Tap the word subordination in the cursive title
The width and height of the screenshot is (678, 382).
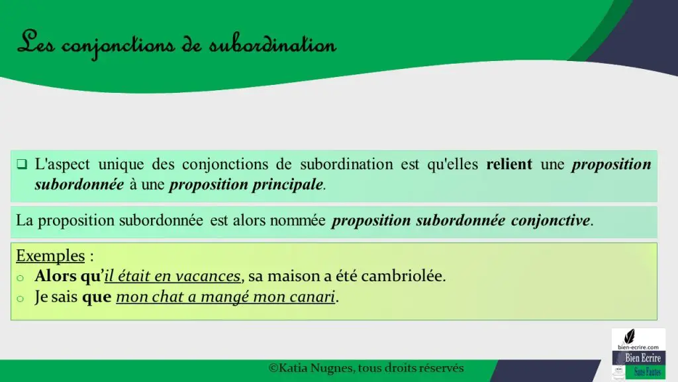tap(273, 44)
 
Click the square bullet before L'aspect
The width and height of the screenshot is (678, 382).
tap(22, 164)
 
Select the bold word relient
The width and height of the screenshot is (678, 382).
tap(509, 164)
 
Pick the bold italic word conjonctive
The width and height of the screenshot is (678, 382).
tap(550, 220)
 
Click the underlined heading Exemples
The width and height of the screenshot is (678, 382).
tap(50, 255)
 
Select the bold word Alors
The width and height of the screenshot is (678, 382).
tap(56, 276)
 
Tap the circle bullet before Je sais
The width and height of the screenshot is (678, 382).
tap(20, 298)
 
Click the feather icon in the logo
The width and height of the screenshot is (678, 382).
tap(630, 336)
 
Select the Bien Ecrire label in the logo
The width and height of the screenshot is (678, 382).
tap(642, 358)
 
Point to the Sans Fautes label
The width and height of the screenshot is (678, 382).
tap(648, 372)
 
